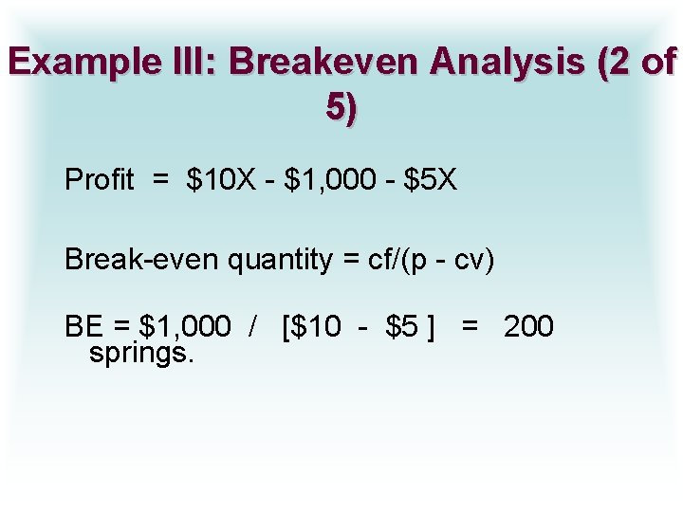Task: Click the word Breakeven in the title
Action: click(x=323, y=63)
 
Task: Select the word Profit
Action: click(x=99, y=179)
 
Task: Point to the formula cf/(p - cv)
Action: click(x=425, y=259)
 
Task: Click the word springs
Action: click(x=141, y=354)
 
